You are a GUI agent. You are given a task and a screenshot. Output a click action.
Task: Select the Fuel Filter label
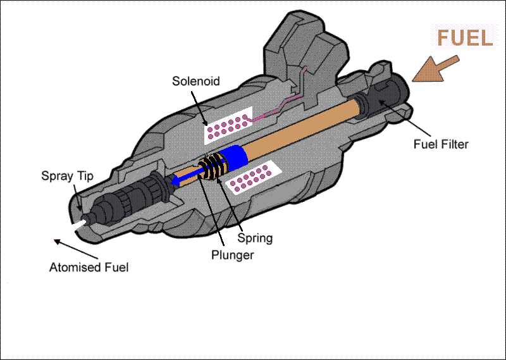(x=441, y=145)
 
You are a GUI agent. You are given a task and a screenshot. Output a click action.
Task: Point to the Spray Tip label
(x=68, y=177)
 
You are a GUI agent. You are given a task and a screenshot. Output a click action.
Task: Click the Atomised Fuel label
(x=89, y=267)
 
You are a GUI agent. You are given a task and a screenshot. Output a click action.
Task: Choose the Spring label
(x=255, y=238)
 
